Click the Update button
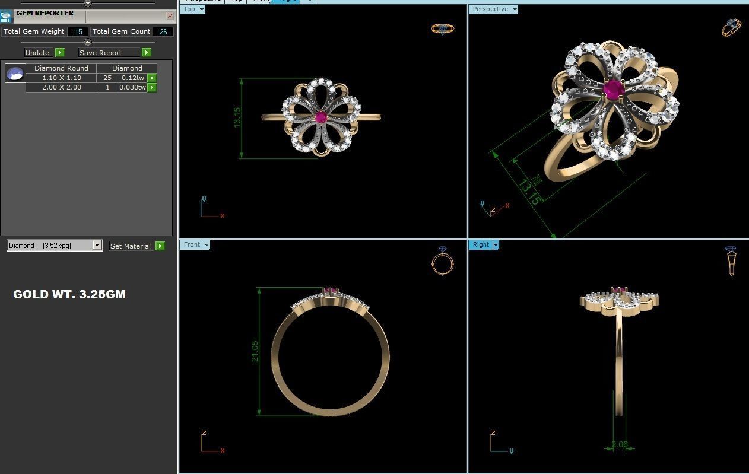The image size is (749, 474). tap(38, 53)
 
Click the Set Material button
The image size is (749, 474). tap(131, 246)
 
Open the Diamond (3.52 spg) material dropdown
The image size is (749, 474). tap(97, 246)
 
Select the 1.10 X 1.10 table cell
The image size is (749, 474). tap(61, 78)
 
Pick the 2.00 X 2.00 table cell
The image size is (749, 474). tap(61, 87)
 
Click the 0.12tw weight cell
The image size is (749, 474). tap(132, 78)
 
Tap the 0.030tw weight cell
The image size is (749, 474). tap(132, 87)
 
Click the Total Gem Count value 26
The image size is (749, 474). tap(163, 32)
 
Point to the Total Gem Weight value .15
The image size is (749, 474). tap(78, 32)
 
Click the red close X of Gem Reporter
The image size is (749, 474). tap(170, 16)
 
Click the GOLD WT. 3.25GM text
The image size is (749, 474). tap(69, 294)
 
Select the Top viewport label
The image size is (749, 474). tap(189, 9)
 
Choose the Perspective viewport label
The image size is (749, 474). tap(490, 9)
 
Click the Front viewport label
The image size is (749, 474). tap(192, 244)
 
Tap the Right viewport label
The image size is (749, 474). tap(481, 244)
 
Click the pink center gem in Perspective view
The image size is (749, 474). tap(612, 90)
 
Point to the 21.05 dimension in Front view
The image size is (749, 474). tap(255, 351)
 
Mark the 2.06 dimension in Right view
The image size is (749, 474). tap(619, 444)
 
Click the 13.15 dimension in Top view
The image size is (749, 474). tap(237, 117)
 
